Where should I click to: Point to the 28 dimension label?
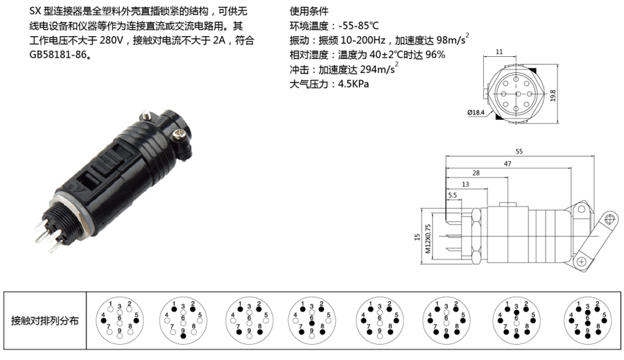(x=476, y=173)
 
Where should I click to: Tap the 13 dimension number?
(x=464, y=184)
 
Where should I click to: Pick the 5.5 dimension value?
(x=452, y=196)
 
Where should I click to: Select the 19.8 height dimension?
(x=553, y=94)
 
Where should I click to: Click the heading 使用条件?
(x=309, y=12)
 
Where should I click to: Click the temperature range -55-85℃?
(x=364, y=26)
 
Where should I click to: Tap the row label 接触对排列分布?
(x=44, y=320)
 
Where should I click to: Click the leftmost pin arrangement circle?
(x=119, y=320)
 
